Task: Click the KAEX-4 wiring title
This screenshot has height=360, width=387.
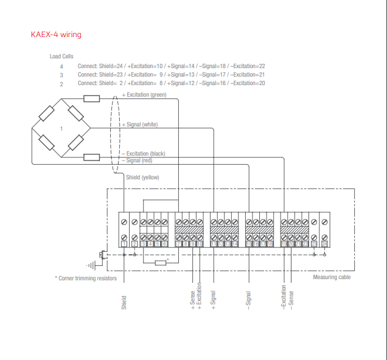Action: (x=56, y=35)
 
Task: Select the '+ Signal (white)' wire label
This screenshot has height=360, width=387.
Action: (x=142, y=124)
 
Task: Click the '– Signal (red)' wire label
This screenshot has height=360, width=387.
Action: (x=139, y=161)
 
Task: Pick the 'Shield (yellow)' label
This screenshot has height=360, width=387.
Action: (x=142, y=178)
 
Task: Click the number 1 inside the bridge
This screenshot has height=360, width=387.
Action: (x=61, y=129)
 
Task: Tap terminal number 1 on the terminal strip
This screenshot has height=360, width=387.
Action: (x=124, y=244)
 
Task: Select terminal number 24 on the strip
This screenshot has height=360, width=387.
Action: (x=325, y=244)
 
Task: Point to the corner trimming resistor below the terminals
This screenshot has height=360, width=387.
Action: (x=161, y=262)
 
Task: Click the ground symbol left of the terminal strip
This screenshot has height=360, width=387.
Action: (x=92, y=265)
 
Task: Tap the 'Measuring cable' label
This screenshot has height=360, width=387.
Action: (x=332, y=277)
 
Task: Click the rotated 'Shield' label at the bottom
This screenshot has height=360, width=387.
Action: (x=124, y=303)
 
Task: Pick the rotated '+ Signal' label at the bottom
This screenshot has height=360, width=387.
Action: (x=214, y=300)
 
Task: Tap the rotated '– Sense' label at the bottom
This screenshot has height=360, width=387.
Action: (x=291, y=300)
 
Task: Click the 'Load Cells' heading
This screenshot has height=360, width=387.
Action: (x=61, y=56)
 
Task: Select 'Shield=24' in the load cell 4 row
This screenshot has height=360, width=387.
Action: (x=111, y=66)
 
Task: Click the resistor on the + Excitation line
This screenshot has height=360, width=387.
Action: (x=92, y=99)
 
